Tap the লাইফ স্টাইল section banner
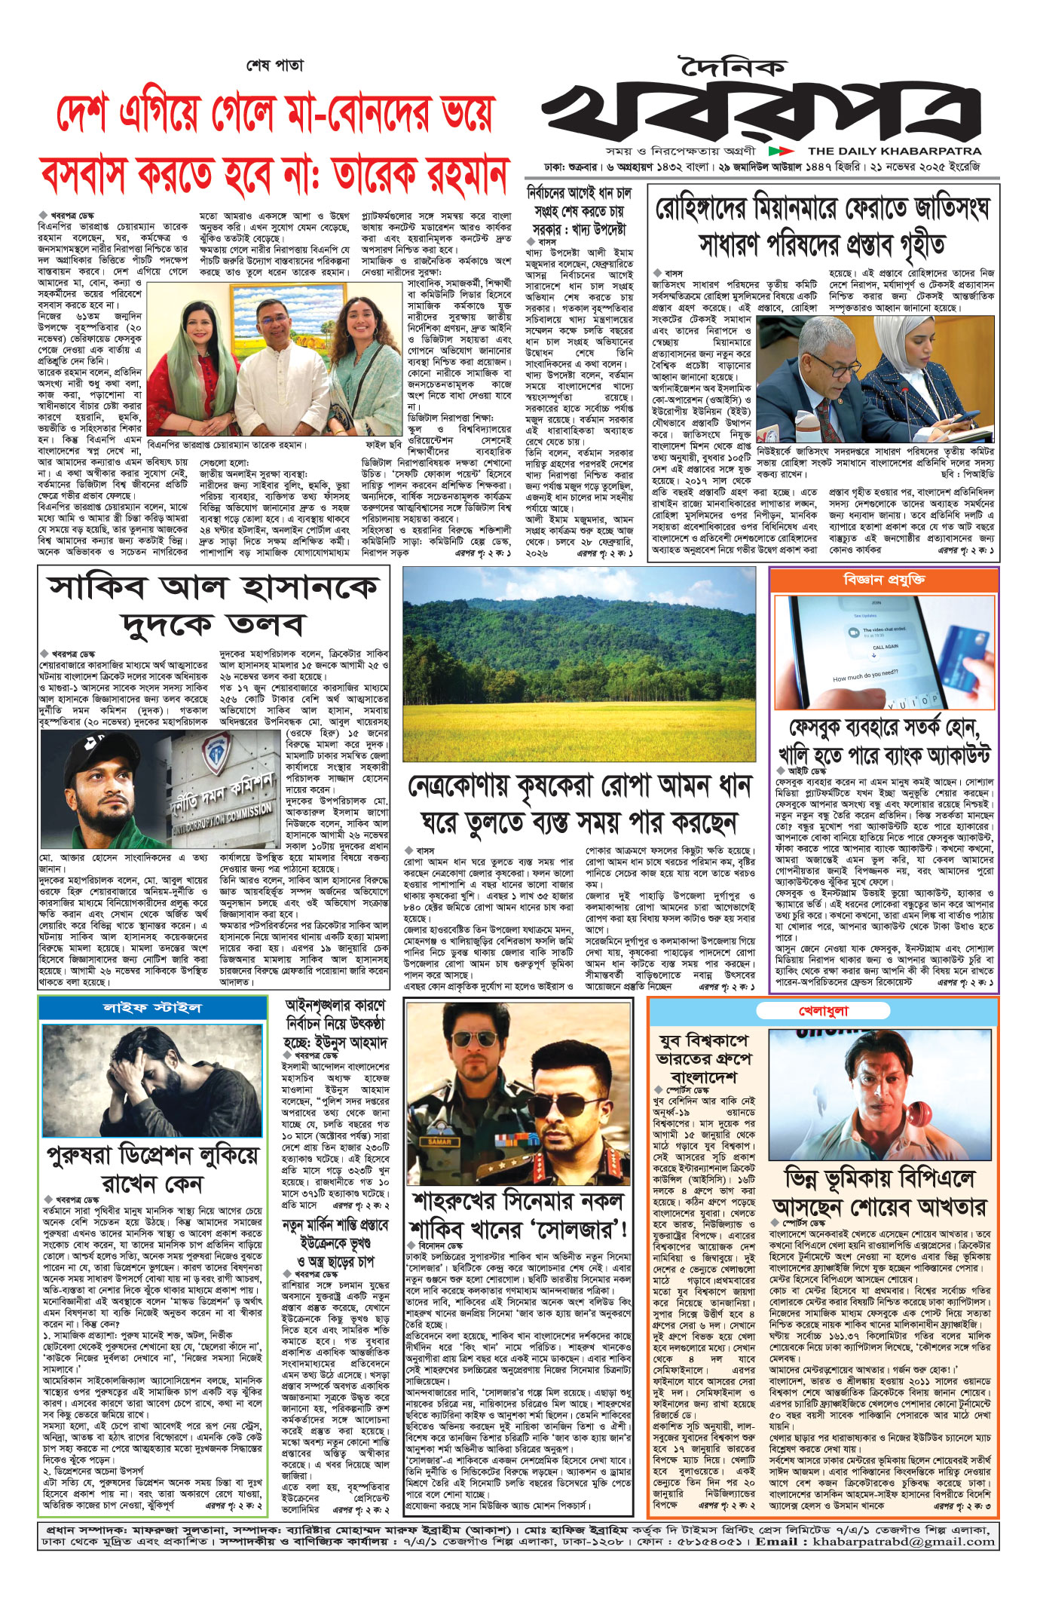(x=151, y=1007)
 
